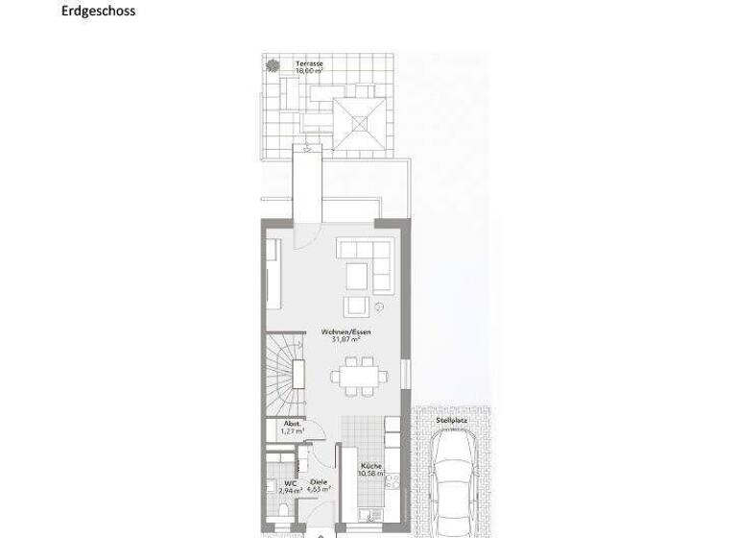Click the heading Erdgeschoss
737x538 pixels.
(x=99, y=12)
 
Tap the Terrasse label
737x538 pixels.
(x=309, y=63)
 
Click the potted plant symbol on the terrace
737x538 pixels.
(x=273, y=65)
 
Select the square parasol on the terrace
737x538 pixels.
(x=362, y=122)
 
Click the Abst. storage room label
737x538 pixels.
(x=293, y=424)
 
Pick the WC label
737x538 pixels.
(x=290, y=483)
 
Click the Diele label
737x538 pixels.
(x=318, y=483)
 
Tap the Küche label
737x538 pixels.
(x=371, y=466)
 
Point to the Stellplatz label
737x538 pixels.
(x=451, y=420)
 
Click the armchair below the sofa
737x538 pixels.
(x=357, y=306)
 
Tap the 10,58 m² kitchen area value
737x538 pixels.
(x=371, y=474)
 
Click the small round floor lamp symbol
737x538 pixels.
(x=380, y=308)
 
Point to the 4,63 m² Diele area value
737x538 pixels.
(x=320, y=490)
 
